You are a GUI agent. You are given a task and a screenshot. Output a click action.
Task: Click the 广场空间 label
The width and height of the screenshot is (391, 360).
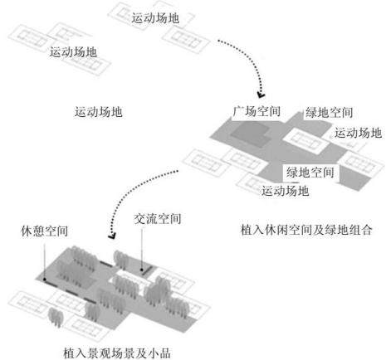point(257,111)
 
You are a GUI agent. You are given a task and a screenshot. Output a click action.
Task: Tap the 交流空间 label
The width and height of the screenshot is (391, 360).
point(158,219)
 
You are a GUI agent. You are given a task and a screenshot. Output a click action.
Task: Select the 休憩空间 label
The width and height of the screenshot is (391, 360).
point(45,231)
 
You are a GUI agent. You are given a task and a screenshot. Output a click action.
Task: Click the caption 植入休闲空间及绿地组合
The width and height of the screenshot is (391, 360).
point(306,230)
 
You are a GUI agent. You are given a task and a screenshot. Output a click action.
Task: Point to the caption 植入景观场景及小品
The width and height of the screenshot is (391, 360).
point(117,353)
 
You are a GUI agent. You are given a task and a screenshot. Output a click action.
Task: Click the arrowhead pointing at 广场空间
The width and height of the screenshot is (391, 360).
point(261,95)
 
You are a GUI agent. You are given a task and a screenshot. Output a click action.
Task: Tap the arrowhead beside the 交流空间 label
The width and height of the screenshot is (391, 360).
point(112,236)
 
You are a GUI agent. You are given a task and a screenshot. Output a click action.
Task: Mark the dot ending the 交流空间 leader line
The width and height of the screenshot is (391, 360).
point(142,270)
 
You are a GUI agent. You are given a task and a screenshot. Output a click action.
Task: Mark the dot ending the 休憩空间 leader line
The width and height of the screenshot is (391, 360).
point(44,280)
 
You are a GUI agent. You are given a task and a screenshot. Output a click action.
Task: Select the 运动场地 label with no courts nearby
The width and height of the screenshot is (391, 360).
point(98,112)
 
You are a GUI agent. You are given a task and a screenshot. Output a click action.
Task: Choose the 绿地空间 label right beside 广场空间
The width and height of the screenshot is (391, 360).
point(329,113)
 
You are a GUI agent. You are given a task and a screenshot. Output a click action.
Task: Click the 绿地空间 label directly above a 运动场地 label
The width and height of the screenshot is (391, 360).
point(310,173)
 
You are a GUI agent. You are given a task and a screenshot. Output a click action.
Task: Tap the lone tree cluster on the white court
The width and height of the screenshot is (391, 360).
point(56,317)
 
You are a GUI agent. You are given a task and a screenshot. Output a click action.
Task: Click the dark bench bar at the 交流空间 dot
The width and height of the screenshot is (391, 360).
point(148,270)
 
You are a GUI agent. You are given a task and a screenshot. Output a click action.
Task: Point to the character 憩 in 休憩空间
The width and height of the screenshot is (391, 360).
point(38,231)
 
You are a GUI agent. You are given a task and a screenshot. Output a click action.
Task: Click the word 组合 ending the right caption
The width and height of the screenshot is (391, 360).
point(360,230)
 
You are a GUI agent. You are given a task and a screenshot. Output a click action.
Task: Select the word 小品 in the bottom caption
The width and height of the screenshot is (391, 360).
point(159,353)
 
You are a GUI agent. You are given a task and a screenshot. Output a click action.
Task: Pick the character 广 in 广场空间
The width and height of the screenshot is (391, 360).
point(238,111)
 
